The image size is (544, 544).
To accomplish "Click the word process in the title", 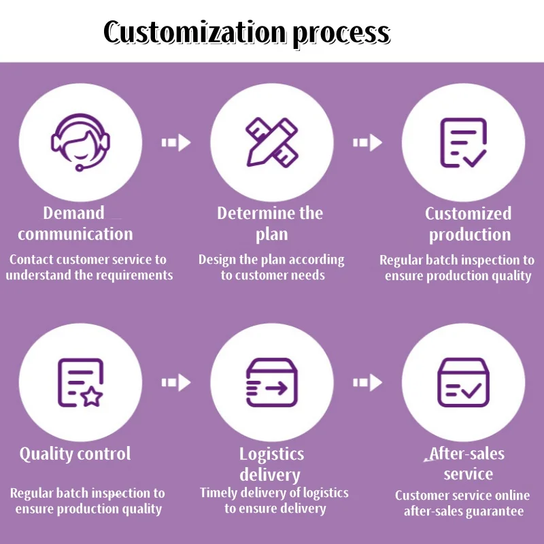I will [341, 33].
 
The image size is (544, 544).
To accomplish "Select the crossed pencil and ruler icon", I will [272, 141].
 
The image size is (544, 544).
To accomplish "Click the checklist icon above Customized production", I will [464, 143].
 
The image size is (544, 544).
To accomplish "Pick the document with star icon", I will [80, 383].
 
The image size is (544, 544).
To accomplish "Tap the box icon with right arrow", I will [272, 383].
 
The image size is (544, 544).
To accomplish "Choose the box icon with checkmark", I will [464, 383].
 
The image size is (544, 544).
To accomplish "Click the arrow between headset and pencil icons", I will [176, 143].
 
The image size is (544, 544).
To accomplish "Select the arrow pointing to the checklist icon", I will [367, 143].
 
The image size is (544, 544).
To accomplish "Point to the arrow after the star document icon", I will [176, 383].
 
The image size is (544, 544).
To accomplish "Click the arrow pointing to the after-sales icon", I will [367, 383].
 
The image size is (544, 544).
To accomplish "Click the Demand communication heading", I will [75, 224].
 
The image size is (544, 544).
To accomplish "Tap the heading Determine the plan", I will [271, 224].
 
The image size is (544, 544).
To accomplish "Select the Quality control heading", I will [75, 454].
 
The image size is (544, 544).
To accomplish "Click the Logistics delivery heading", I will [271, 464].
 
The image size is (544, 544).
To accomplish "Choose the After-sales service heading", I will [468, 464].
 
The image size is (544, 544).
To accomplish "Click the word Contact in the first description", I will [30, 259].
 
